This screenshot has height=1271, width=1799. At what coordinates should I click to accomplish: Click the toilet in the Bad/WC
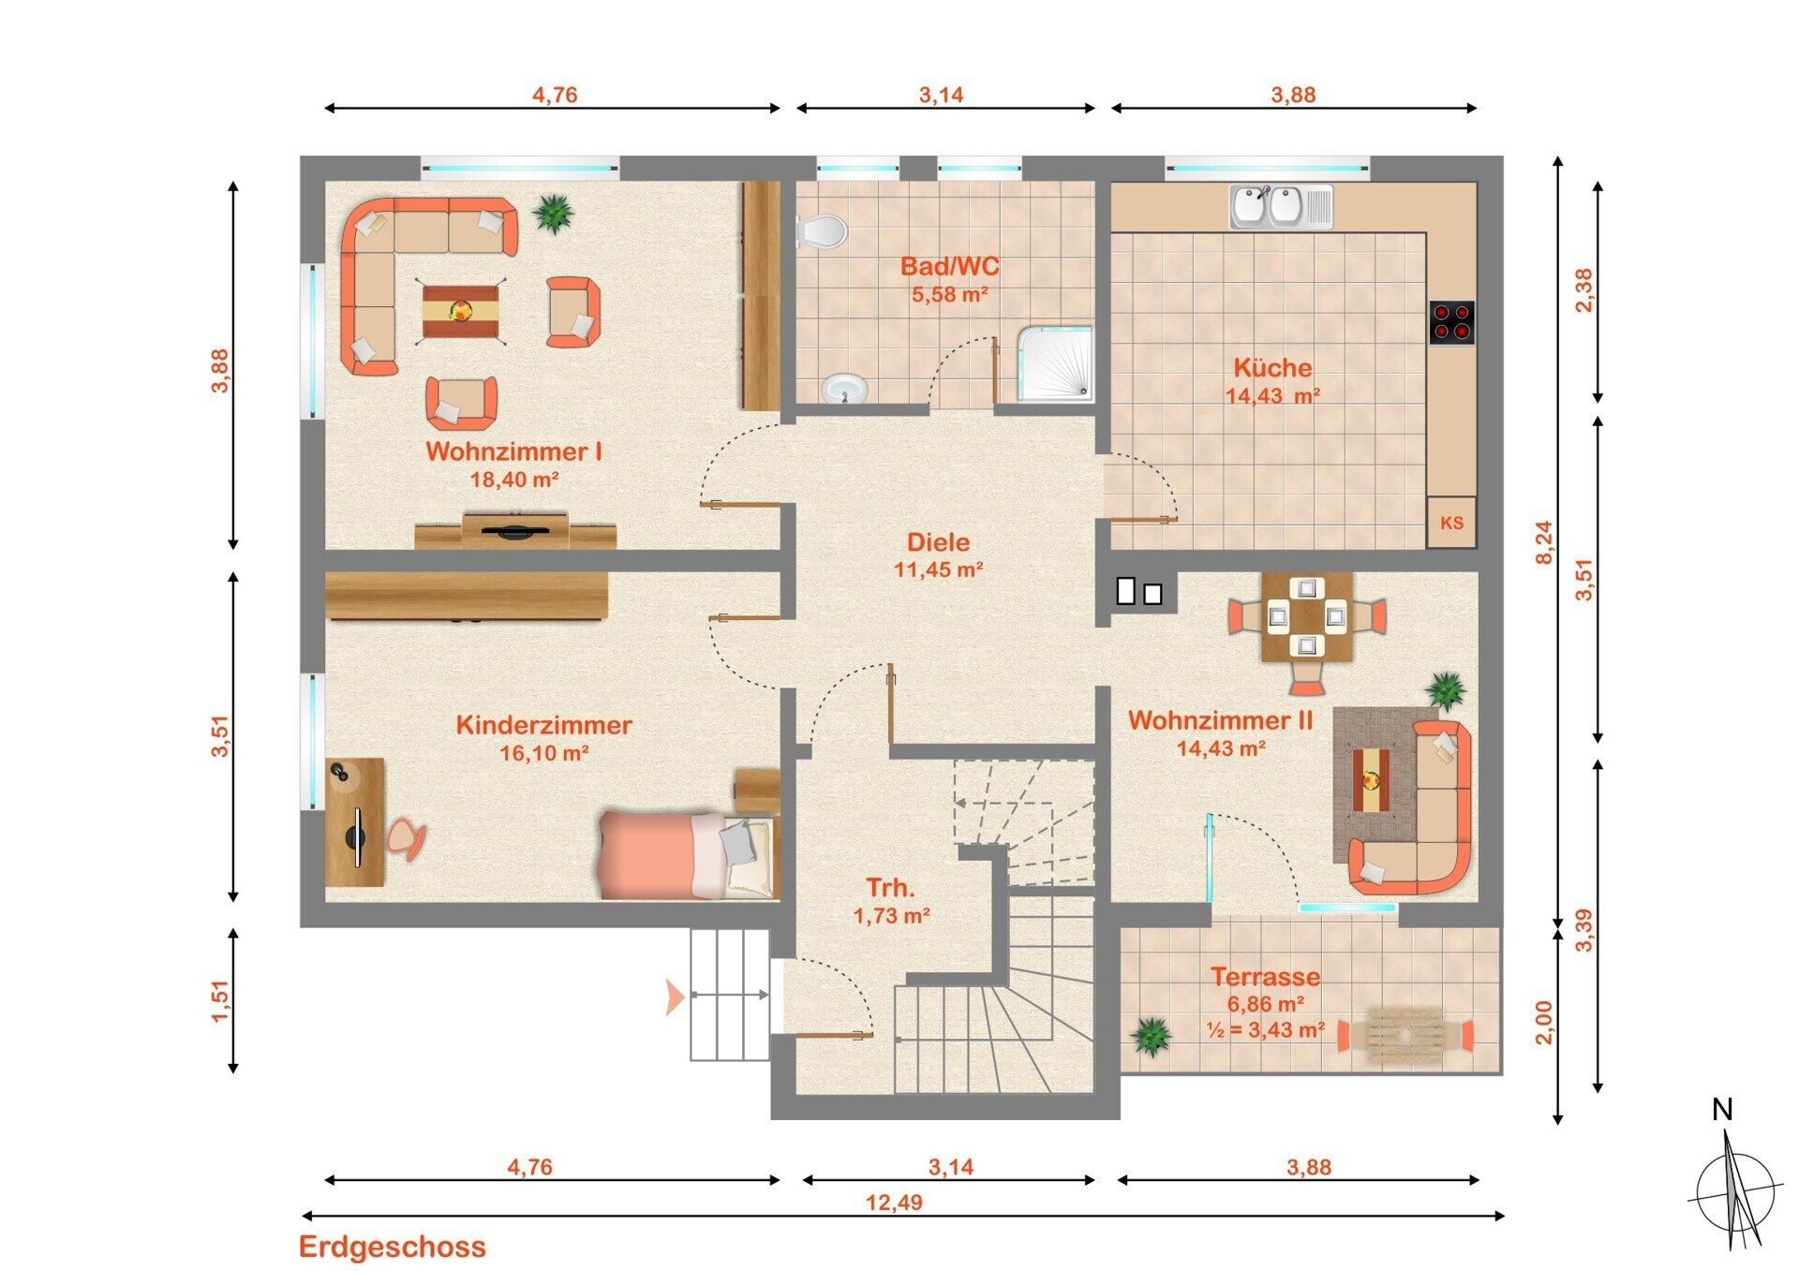coord(822,230)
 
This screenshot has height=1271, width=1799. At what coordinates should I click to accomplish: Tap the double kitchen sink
coord(1281,206)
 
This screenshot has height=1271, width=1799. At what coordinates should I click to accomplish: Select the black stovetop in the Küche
coord(1451,322)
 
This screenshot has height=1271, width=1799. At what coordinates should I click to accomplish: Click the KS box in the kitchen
coord(1451,523)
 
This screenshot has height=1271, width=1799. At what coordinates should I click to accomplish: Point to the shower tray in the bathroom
coord(1056,363)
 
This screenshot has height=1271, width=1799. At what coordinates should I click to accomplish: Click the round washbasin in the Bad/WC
coord(844,388)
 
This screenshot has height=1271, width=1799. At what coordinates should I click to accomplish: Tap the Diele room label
coord(938,542)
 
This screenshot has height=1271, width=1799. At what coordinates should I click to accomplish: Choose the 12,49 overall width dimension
coord(894,1202)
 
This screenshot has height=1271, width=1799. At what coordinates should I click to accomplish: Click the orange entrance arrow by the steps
coord(675,997)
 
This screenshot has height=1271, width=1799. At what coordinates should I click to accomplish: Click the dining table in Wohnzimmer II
coord(1307,617)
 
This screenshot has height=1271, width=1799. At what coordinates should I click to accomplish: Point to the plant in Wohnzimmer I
coord(554,214)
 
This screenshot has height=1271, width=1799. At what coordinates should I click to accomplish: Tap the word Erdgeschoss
coord(393,1247)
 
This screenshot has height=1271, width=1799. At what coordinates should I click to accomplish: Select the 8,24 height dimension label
coord(1543,542)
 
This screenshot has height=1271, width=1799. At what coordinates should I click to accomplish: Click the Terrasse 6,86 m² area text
coord(1266,1004)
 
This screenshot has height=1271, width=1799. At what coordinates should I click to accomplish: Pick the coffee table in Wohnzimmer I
coord(460,311)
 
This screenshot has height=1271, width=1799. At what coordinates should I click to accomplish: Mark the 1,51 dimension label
coord(219,1001)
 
